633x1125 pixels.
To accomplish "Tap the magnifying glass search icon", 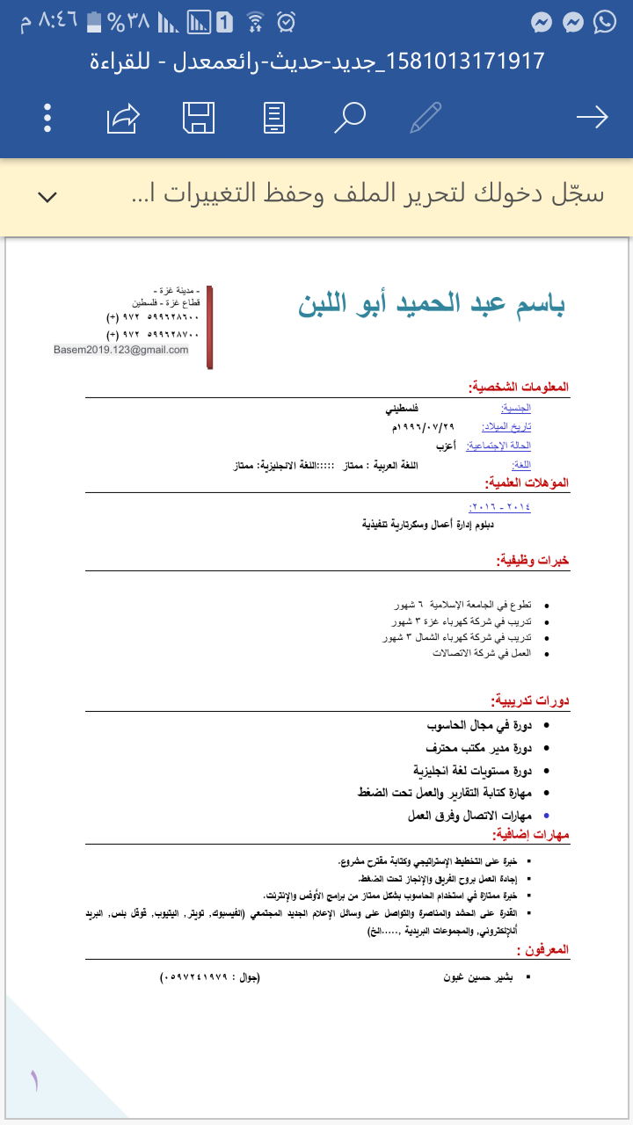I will click(349, 118).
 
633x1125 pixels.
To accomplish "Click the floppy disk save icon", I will click(199, 118).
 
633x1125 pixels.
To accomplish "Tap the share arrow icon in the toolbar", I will click(123, 118).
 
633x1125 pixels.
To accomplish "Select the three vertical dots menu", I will click(47, 118).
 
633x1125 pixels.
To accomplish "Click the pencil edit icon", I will click(426, 118).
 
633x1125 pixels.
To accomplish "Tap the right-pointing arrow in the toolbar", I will click(592, 118).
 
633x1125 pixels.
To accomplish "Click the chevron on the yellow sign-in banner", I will click(47, 196).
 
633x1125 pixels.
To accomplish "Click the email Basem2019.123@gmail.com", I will click(121, 350).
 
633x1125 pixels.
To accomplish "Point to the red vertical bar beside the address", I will click(210, 326).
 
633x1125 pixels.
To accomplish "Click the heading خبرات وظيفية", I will click(533, 560).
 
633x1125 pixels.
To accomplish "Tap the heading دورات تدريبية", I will click(530, 700).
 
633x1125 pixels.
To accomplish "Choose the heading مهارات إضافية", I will click(531, 833).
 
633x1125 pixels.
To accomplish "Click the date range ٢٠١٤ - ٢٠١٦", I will click(501, 507).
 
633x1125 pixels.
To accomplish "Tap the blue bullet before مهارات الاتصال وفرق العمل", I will click(547, 816).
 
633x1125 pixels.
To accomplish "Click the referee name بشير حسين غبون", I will click(482, 976).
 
